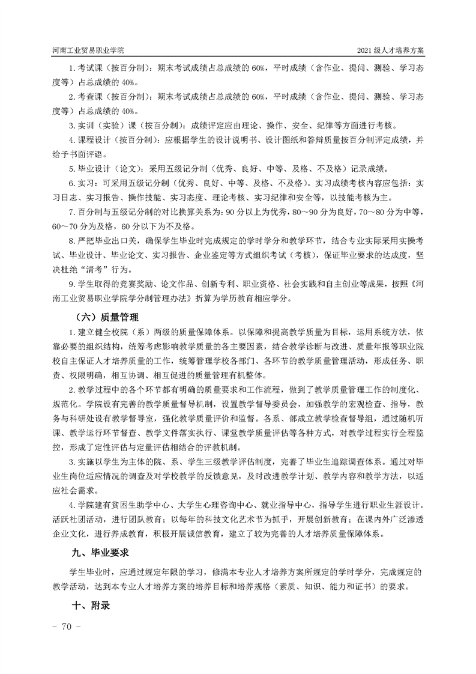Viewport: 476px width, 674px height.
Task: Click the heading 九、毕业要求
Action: coord(99,551)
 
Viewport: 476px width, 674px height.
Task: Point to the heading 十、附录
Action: coord(91,606)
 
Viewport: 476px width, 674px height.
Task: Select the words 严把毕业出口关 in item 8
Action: coord(102,240)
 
